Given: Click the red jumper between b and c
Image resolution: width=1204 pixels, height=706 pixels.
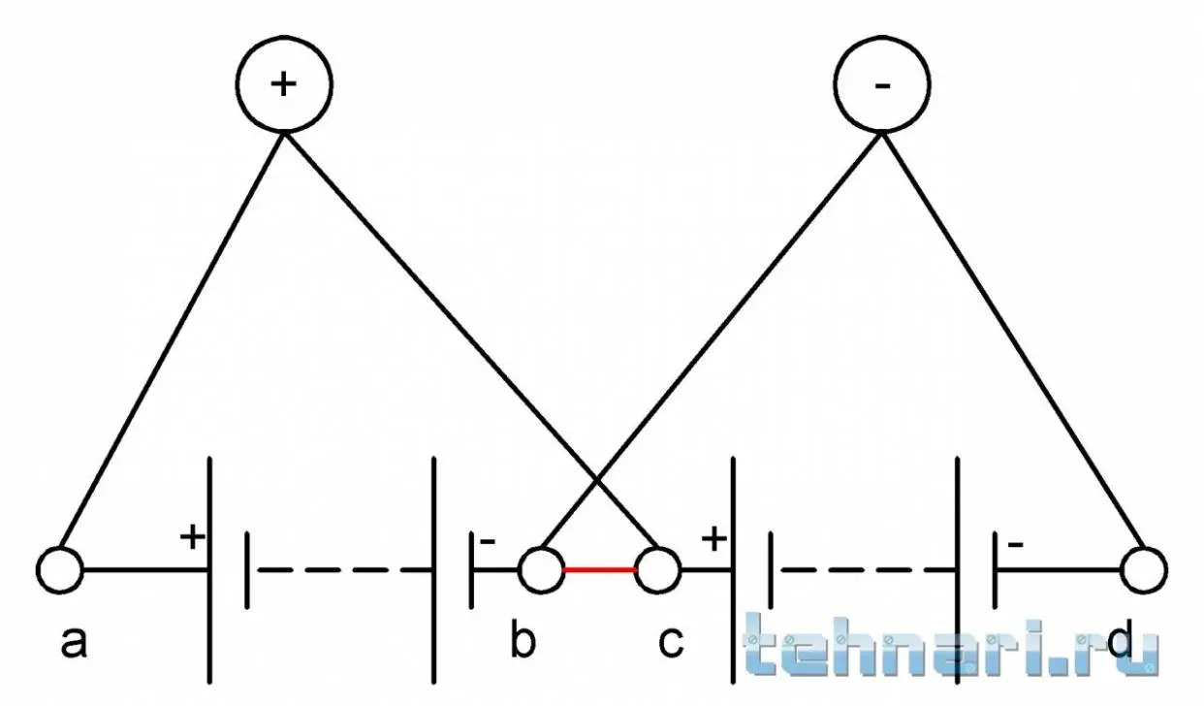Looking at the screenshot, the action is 599,569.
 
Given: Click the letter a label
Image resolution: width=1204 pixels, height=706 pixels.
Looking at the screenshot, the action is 73,643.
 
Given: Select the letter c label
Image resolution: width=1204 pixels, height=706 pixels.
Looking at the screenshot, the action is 671,643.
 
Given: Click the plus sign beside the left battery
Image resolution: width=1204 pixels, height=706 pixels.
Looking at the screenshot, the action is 192,536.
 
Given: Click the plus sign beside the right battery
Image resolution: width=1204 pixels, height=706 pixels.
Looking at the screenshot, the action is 714,539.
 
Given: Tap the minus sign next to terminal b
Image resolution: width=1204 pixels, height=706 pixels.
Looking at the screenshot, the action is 487,541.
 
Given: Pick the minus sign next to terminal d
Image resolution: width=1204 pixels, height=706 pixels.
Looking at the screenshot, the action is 1015,545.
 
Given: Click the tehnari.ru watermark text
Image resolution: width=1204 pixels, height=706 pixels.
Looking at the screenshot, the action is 951,646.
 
